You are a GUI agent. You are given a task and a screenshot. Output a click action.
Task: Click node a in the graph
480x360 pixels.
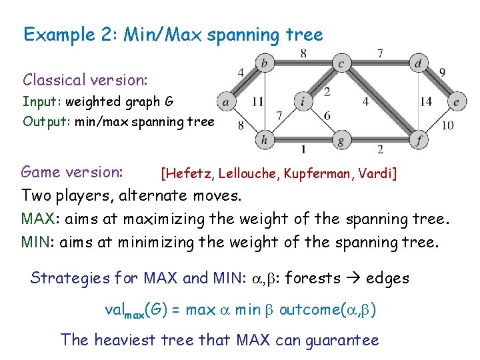coord(226,102)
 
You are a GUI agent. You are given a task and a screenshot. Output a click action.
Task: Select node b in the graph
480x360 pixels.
coord(265,64)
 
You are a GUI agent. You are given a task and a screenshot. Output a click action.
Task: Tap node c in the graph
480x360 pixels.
coord(341,64)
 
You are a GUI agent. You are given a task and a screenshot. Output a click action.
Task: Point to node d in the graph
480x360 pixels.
coord(418,64)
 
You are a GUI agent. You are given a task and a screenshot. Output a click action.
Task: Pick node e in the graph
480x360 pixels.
coord(456,102)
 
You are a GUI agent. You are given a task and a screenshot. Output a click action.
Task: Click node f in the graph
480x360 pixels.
coord(418,140)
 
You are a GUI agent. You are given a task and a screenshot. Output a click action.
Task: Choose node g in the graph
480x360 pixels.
coord(341,140)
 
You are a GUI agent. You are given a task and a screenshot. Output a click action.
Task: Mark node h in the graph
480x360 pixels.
coord(265,140)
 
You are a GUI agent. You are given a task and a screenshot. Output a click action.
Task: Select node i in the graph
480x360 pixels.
coord(303,102)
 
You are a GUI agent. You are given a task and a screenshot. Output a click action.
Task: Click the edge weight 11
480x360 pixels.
coord(257,102)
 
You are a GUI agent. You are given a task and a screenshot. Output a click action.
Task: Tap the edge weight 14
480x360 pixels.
coord(427,102)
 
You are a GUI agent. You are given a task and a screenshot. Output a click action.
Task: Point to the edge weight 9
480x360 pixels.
coord(443,72)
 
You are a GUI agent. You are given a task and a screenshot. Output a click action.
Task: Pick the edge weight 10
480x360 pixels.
coord(447,125)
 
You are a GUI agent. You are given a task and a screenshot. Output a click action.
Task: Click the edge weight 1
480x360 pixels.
coord(303,149)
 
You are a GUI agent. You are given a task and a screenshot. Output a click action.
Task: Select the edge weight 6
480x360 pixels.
coord(327,115)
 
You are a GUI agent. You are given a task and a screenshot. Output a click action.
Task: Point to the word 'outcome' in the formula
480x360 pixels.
coord(311,309)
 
